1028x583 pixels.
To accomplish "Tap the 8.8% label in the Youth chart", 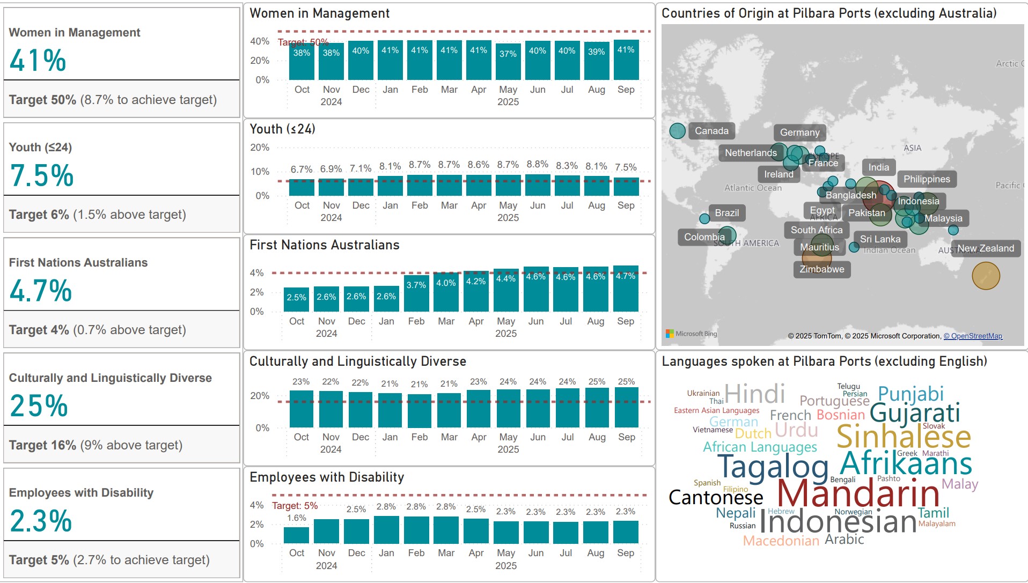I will [x=537, y=164].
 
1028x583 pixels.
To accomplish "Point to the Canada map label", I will [x=711, y=131].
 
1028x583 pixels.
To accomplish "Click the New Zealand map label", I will [x=986, y=248].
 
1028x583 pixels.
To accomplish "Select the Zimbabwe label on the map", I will [x=821, y=269].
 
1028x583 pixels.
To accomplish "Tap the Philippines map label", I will [x=926, y=179].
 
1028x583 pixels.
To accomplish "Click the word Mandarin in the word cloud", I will [x=857, y=493].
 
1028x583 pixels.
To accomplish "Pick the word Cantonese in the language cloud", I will [x=715, y=498].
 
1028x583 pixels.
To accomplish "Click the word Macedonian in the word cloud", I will [x=781, y=541].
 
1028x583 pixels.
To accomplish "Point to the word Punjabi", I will [x=910, y=394].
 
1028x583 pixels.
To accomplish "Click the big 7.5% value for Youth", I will [x=42, y=175].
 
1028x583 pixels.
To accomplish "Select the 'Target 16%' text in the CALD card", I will [x=42, y=445].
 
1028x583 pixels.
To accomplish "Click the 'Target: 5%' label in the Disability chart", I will [x=295, y=506].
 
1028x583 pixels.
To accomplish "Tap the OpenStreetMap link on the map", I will [x=973, y=336].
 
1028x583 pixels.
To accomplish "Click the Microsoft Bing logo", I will [x=691, y=334].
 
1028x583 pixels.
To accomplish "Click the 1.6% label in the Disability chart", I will [x=296, y=518].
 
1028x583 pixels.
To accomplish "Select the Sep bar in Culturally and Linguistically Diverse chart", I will [x=626, y=408].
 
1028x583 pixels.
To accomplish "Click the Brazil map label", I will [x=726, y=213].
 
